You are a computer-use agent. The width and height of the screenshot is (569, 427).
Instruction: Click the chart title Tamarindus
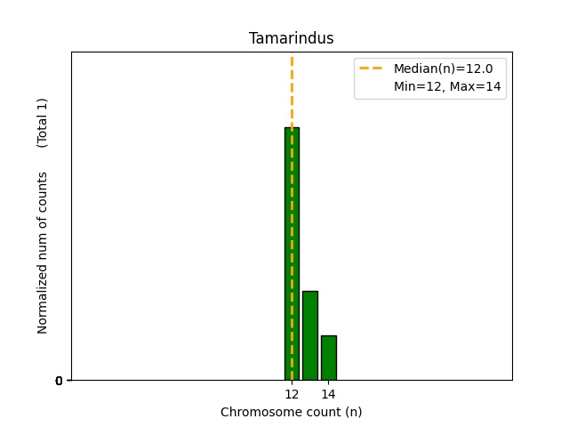point(291,38)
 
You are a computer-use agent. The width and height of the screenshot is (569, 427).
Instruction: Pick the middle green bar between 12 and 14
point(309,336)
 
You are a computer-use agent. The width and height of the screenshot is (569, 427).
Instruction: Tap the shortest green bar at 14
point(328,358)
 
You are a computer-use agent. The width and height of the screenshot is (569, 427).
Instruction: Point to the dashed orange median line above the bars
point(292,89)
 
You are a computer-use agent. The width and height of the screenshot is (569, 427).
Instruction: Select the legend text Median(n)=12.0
point(443,68)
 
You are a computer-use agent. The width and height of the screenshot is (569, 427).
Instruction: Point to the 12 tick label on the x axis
point(292,394)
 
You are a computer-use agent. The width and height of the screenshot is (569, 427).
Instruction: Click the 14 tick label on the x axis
point(328,394)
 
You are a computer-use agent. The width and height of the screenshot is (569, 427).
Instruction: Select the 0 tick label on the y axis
point(59,381)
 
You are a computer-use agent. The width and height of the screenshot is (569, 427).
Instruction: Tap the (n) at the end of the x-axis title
point(353,412)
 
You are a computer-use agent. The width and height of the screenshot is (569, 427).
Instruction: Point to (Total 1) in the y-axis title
point(43,122)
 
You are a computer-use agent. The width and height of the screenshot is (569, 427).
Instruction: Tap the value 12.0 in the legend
point(479,68)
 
